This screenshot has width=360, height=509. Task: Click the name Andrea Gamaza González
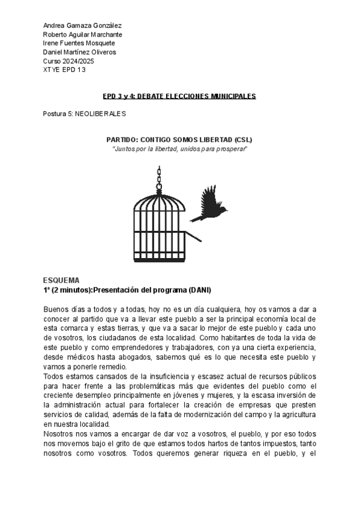[82, 25]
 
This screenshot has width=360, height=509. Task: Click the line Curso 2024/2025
[68, 61]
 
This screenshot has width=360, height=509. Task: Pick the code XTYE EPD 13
[65, 70]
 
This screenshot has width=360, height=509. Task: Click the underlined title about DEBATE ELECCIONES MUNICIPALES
[179, 96]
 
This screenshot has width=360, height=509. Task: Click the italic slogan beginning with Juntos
[179, 148]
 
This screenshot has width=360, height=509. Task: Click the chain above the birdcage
[160, 176]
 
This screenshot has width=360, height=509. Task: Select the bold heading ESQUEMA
[61, 281]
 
